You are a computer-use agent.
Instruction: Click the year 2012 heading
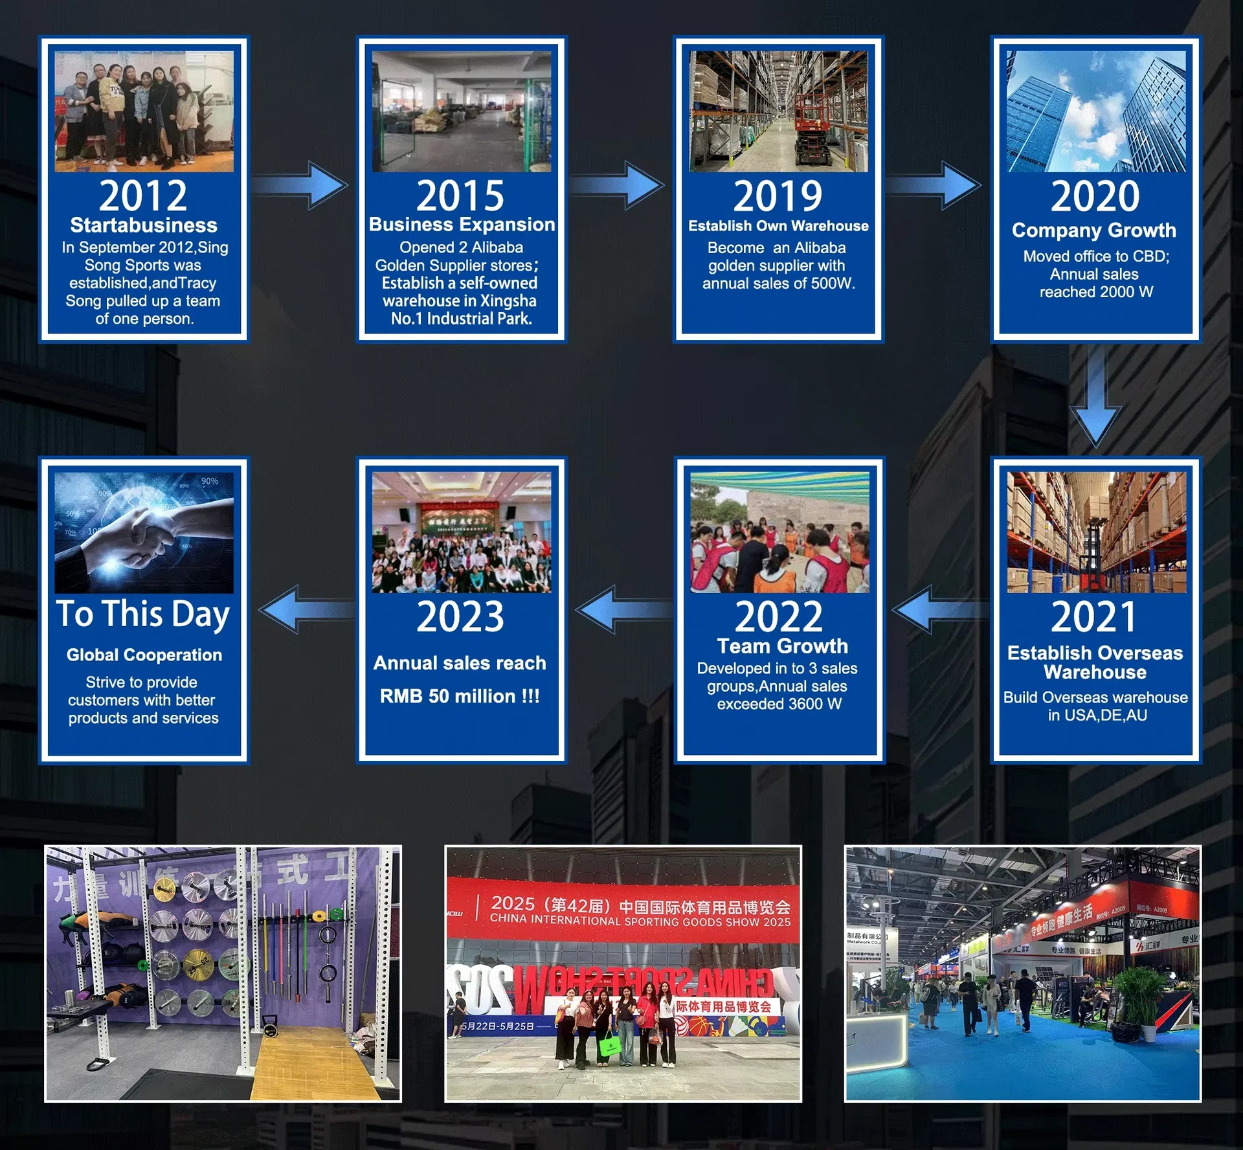[x=143, y=196]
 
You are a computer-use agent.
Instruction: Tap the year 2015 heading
[x=460, y=196]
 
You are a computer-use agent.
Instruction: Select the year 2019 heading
[x=778, y=196]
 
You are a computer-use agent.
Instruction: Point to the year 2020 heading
[x=1095, y=196]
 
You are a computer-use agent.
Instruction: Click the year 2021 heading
[x=1094, y=616]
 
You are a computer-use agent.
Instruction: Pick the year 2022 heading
[x=778, y=616]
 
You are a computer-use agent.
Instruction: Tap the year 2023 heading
[x=460, y=616]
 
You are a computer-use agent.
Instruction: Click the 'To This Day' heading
[x=143, y=614]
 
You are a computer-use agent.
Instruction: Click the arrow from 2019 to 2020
[x=935, y=185]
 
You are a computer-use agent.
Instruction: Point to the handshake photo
[x=144, y=532]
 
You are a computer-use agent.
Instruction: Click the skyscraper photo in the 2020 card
[x=1096, y=111]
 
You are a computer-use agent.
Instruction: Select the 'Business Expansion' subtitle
[x=462, y=225]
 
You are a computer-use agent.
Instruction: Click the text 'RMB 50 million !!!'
[x=460, y=696]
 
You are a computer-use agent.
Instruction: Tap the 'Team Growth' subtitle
[x=782, y=646]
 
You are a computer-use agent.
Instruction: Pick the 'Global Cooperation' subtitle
[x=144, y=655]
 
